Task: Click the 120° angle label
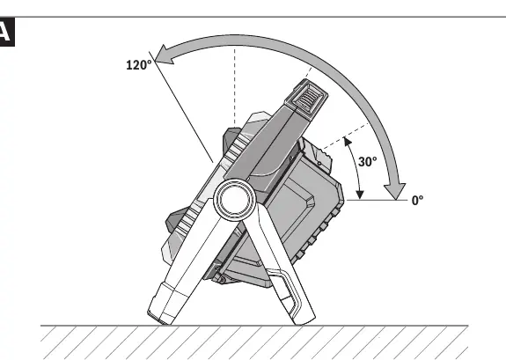(139, 65)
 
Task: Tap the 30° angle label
(367, 162)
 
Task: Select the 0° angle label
(417, 201)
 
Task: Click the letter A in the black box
(5, 32)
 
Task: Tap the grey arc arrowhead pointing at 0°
(395, 191)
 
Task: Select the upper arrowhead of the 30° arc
(348, 142)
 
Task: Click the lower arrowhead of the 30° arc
(360, 195)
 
